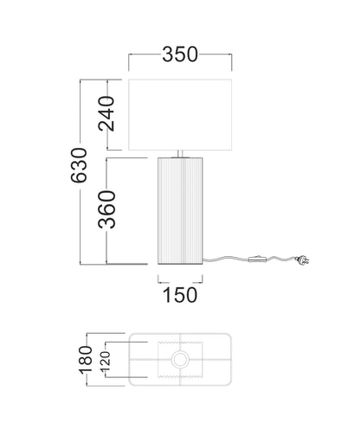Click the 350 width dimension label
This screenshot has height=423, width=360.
[x=180, y=54]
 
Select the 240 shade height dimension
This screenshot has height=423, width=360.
[x=106, y=114]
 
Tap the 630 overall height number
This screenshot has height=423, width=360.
[x=79, y=165]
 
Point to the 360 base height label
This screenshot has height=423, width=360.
[x=106, y=209]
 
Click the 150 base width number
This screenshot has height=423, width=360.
[x=180, y=295]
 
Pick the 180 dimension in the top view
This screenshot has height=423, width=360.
[x=86, y=360]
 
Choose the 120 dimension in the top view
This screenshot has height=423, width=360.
[x=106, y=362]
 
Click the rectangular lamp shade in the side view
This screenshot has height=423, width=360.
[x=180, y=115]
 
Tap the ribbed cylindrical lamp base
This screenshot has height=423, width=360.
[x=180, y=211]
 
